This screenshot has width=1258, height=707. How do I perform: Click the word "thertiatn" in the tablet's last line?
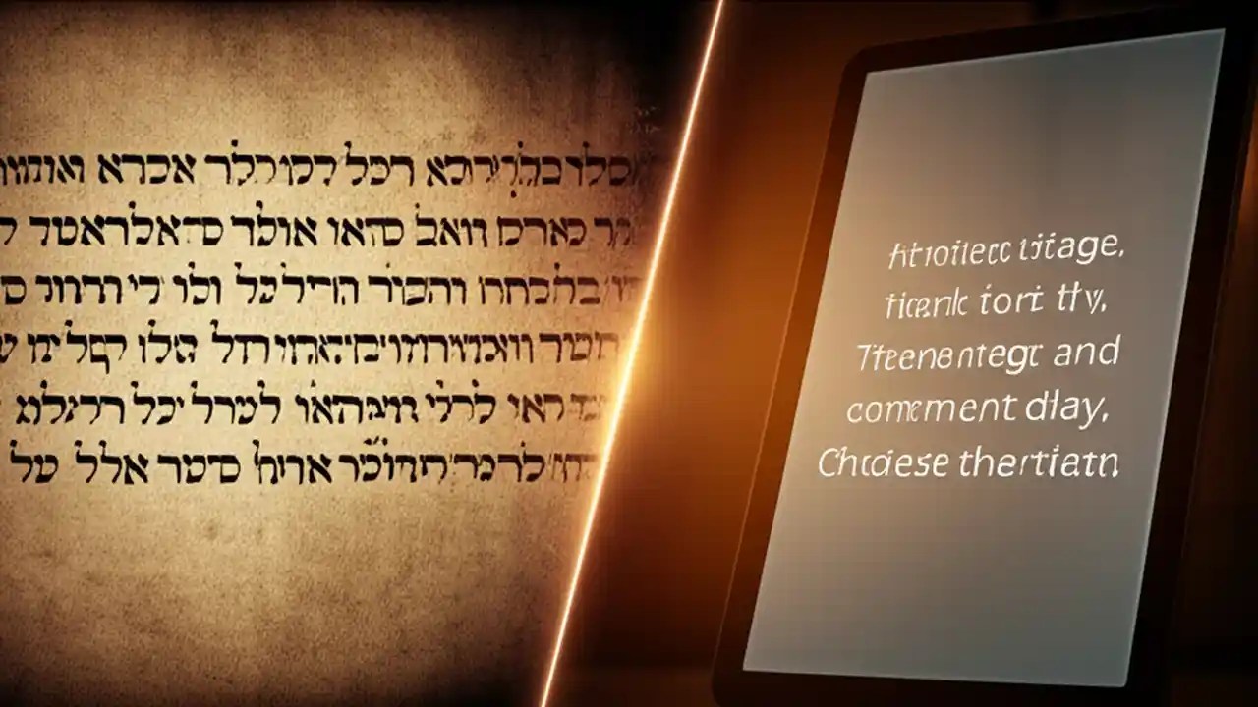tap(1040, 462)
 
